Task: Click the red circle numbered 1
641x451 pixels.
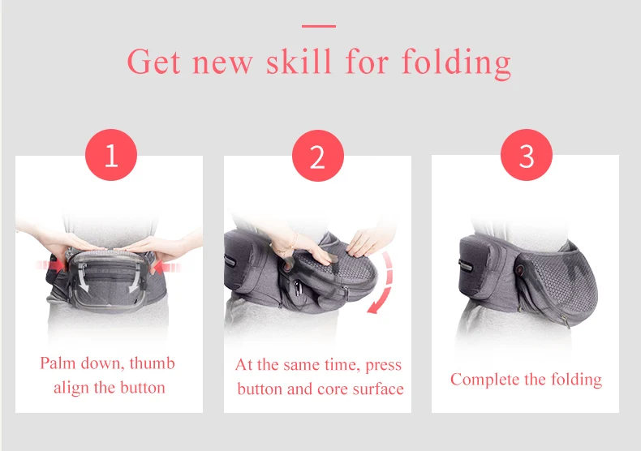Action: tap(111, 155)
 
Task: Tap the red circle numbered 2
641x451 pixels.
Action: tap(318, 156)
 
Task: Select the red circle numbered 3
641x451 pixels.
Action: tap(527, 155)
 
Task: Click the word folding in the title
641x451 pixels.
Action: tap(456, 62)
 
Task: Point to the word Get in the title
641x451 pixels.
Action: tap(153, 62)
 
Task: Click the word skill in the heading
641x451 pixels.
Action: tap(299, 61)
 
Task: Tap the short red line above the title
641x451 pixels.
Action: tap(319, 26)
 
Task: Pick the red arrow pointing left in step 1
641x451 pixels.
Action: tap(167, 268)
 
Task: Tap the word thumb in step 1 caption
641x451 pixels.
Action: tap(152, 363)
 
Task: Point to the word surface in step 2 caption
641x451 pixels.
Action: tap(378, 389)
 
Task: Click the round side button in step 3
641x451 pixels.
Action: tap(521, 269)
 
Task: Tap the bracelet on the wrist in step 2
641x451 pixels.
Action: tap(286, 247)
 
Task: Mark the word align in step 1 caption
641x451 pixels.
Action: tap(71, 388)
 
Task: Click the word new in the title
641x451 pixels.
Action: tap(223, 63)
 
